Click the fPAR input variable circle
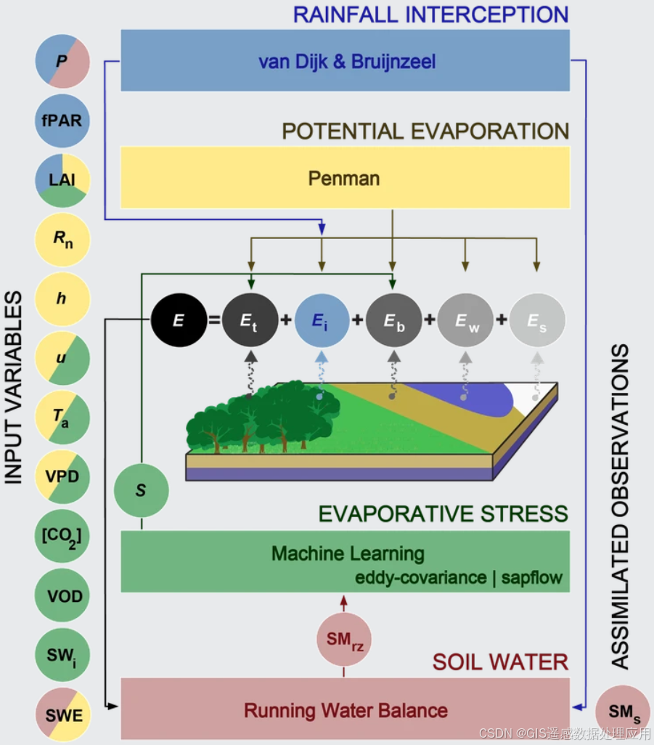pyautogui.click(x=62, y=121)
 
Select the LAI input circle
pyautogui.click(x=62, y=180)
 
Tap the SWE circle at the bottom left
pyautogui.click(x=62, y=715)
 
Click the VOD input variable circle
pyautogui.click(x=62, y=597)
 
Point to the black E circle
pyautogui.click(x=178, y=319)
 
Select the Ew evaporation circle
pyautogui.click(x=465, y=319)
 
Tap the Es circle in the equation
pyautogui.click(x=536, y=319)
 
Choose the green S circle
pyautogui.click(x=141, y=491)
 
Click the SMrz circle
pyautogui.click(x=343, y=640)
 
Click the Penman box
pyautogui.click(x=345, y=177)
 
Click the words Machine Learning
pyautogui.click(x=348, y=553)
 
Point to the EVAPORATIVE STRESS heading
pyautogui.click(x=444, y=514)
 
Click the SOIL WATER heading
pyautogui.click(x=500, y=661)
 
